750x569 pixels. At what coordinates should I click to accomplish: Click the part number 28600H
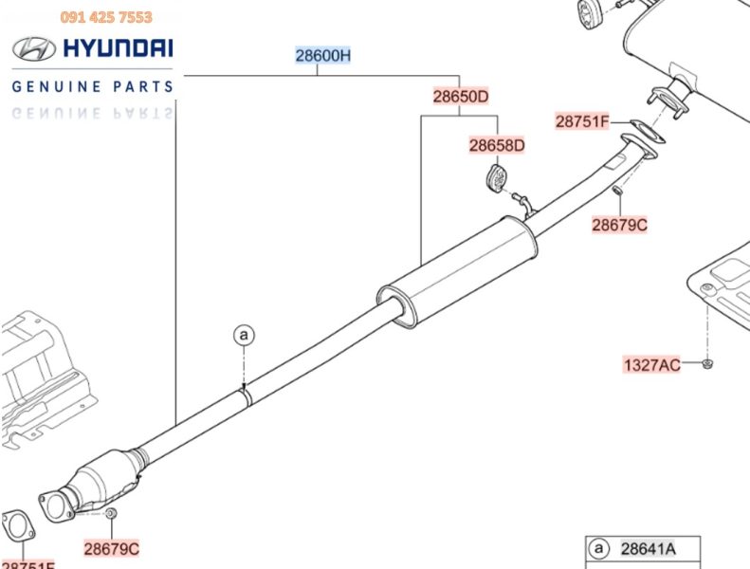click(322, 56)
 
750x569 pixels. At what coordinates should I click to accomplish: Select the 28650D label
click(461, 97)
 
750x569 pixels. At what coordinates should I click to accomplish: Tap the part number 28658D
click(496, 145)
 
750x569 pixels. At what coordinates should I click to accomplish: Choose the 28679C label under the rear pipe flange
click(619, 225)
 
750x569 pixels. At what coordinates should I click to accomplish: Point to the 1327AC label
click(651, 364)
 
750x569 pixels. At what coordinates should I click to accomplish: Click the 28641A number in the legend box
click(649, 548)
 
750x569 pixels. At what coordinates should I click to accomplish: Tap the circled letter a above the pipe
click(244, 335)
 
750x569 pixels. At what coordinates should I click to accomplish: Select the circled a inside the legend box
click(598, 548)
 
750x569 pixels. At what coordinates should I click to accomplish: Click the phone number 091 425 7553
click(106, 17)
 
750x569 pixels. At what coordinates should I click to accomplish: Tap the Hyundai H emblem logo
click(32, 48)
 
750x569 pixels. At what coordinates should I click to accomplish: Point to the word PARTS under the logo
click(146, 86)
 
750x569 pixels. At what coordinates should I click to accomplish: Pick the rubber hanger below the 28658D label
click(495, 177)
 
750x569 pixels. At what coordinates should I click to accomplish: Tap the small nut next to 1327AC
click(710, 363)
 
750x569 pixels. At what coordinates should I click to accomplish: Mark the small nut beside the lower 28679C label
click(111, 514)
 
